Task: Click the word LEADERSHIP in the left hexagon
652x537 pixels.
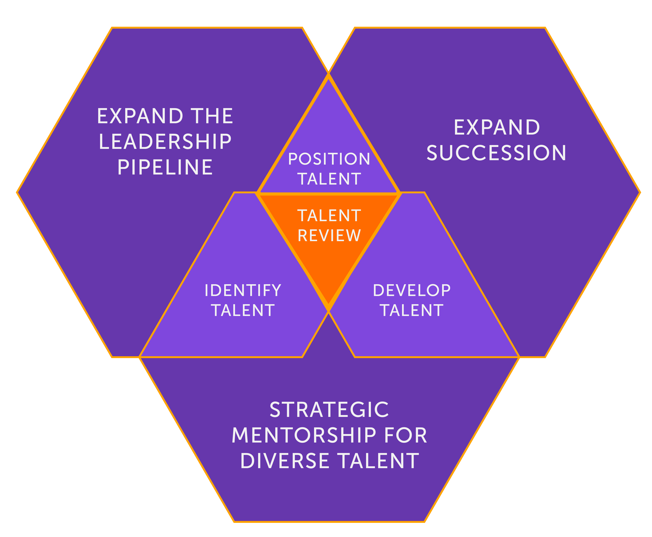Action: point(165,142)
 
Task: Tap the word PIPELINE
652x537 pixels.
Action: point(165,167)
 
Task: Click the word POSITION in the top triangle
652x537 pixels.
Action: point(329,159)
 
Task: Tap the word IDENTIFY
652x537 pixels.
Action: point(243,291)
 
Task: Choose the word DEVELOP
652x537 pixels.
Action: point(412,291)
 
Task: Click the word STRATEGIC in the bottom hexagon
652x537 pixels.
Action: point(329,410)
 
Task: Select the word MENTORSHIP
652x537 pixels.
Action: point(304,436)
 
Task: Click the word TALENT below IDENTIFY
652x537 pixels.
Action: point(243,310)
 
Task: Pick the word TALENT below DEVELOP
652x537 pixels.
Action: point(412,310)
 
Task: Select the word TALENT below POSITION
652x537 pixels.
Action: point(329,179)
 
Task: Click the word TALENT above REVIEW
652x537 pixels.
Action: point(329,216)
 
